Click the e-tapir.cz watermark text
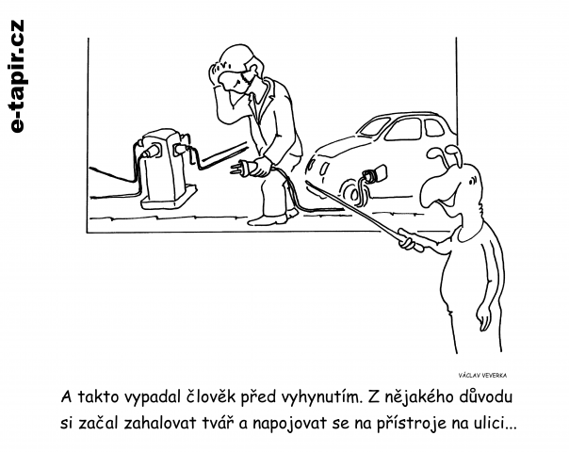click(x=16, y=76)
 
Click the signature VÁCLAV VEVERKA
click(x=482, y=376)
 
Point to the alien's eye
click(x=472, y=180)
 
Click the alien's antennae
click(x=446, y=154)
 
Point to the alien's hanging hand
click(x=483, y=319)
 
